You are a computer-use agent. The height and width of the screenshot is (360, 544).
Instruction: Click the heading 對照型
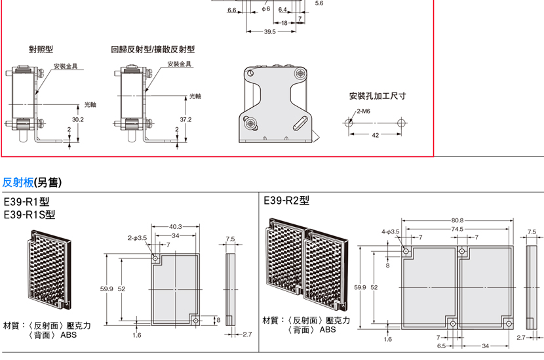click(41, 49)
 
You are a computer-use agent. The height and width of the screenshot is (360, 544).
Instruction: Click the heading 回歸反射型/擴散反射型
click(153, 49)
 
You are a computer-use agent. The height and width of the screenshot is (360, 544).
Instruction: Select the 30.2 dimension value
click(78, 119)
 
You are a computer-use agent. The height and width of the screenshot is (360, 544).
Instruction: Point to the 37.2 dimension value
click(185, 119)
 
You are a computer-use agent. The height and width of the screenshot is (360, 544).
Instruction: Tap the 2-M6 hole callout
click(363, 111)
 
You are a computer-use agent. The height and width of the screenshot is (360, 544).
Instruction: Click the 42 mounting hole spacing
click(376, 135)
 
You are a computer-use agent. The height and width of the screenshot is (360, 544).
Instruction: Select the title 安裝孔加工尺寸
click(378, 96)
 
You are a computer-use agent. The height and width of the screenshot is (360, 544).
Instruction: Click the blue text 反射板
click(18, 182)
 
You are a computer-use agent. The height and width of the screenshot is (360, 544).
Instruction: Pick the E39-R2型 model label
click(286, 201)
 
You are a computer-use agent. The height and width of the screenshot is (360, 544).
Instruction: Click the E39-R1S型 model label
click(29, 214)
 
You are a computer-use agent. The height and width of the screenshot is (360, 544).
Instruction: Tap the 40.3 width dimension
click(176, 227)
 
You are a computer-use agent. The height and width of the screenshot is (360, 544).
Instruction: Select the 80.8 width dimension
click(457, 220)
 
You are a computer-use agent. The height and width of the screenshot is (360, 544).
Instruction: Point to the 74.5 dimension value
click(457, 229)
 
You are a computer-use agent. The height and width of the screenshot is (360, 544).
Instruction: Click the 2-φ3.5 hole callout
click(137, 238)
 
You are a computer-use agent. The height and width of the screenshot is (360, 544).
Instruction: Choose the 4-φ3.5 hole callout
click(391, 231)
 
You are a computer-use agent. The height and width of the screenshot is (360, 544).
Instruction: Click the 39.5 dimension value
click(270, 31)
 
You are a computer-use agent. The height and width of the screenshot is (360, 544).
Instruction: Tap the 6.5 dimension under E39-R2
click(441, 346)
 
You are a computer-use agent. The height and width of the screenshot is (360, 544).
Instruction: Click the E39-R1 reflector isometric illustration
click(50, 270)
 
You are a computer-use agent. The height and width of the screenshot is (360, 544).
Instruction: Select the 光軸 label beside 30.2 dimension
click(90, 104)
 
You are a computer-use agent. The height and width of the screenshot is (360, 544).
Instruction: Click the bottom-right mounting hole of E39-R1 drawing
click(196, 321)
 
